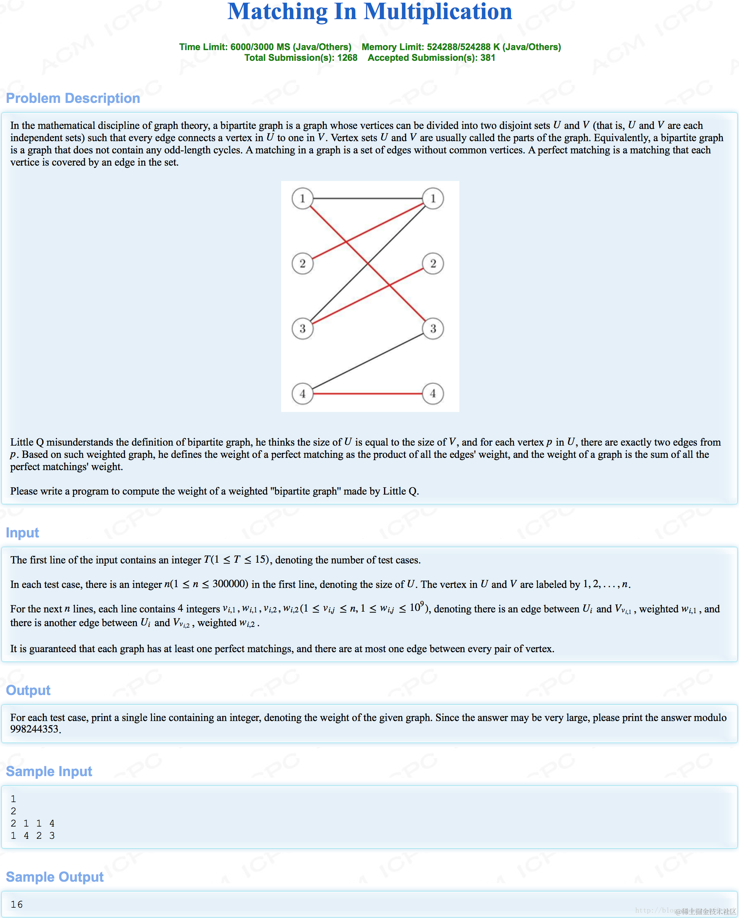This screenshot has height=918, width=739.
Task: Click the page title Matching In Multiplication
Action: (x=369, y=12)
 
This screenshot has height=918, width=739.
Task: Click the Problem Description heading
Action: (x=73, y=98)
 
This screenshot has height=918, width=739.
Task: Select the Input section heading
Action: (x=22, y=533)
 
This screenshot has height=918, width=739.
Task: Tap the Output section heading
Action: (x=28, y=690)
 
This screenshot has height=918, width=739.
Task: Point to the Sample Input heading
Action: (x=49, y=771)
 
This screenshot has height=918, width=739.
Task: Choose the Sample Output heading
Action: (x=54, y=877)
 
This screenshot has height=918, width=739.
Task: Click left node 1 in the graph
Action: (x=302, y=199)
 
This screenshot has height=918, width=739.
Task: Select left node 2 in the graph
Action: (x=302, y=264)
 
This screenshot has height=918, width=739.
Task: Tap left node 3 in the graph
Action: (x=302, y=329)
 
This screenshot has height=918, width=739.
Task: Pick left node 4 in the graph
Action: (x=302, y=394)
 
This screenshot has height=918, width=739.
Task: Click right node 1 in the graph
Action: (x=433, y=199)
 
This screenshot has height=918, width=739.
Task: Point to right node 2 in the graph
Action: (x=433, y=264)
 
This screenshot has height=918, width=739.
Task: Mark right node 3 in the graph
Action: (x=433, y=329)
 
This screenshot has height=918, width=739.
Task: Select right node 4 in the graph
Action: (x=433, y=394)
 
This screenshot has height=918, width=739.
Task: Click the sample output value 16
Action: (x=16, y=904)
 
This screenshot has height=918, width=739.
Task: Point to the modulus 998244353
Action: (x=34, y=729)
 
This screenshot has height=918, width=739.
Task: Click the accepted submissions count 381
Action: (x=488, y=58)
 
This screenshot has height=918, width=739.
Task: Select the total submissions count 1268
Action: (x=347, y=58)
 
